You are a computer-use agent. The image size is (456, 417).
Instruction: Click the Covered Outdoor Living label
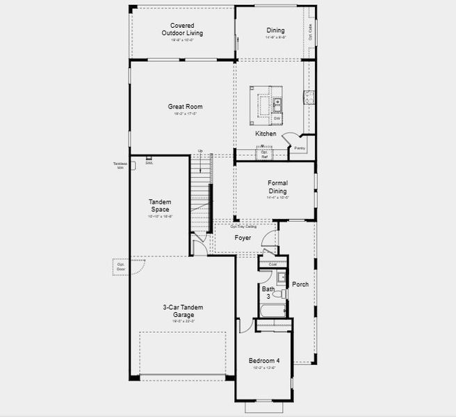pos(183,29)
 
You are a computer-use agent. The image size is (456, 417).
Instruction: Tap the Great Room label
pos(180,107)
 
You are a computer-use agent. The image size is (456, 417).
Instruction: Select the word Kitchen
pos(266,133)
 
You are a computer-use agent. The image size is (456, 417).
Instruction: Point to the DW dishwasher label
pos(277,119)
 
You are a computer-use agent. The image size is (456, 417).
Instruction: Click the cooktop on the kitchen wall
pos(305,96)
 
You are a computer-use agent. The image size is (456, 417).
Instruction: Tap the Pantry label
pos(300,148)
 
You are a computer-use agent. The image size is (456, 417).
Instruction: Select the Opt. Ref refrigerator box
pos(264,154)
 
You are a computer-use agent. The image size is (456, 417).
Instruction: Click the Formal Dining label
pos(277,187)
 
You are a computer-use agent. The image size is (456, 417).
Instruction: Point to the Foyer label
pos(243,238)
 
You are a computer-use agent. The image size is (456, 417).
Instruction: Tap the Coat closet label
pos(272,264)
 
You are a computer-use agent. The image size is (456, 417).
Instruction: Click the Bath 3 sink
pos(281,279)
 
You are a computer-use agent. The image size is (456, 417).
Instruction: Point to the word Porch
pos(300,284)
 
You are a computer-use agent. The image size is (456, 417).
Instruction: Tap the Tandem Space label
pos(160,206)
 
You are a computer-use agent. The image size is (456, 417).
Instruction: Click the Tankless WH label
pos(120,166)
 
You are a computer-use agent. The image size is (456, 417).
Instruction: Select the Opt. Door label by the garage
pos(120,266)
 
